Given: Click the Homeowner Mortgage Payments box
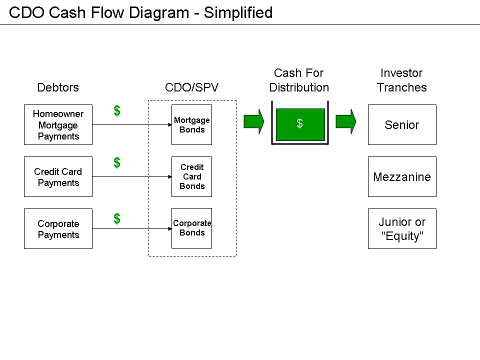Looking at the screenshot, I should [x=58, y=125].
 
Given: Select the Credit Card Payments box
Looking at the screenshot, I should [x=58, y=177].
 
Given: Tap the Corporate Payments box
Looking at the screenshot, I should [x=58, y=229].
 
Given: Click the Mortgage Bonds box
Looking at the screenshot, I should [x=191, y=125].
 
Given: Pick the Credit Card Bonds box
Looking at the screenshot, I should [x=191, y=177].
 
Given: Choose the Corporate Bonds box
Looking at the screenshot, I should [x=191, y=228].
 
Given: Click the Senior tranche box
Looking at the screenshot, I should [x=402, y=125].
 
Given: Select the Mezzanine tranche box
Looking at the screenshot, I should [x=402, y=177].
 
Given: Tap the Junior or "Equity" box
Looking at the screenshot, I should [x=402, y=229].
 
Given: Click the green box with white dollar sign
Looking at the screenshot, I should [x=300, y=124].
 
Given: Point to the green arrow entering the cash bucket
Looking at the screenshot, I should [x=253, y=121].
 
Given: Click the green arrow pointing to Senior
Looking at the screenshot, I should [x=345, y=121].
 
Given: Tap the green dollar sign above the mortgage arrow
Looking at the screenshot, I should [x=117, y=111].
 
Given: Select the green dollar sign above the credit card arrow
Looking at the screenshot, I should [x=117, y=162].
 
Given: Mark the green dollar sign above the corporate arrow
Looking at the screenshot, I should [x=117, y=218].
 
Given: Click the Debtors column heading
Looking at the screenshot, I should [x=58, y=87].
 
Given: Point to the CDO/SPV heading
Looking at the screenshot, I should [x=191, y=87].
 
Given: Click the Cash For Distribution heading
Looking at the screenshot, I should [x=299, y=80].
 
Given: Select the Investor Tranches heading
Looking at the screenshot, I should [x=401, y=80].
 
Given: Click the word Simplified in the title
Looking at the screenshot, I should [x=238, y=12].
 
